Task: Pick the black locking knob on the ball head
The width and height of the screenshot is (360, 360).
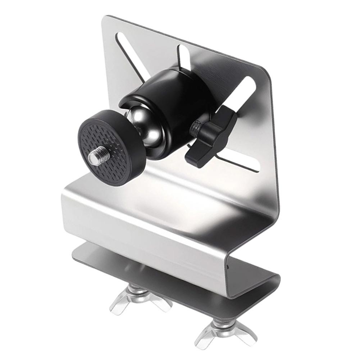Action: coord(212,137)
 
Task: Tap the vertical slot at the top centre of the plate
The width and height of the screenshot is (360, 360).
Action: coord(184,58)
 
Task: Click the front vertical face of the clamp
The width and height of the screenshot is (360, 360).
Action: coord(144,230)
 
